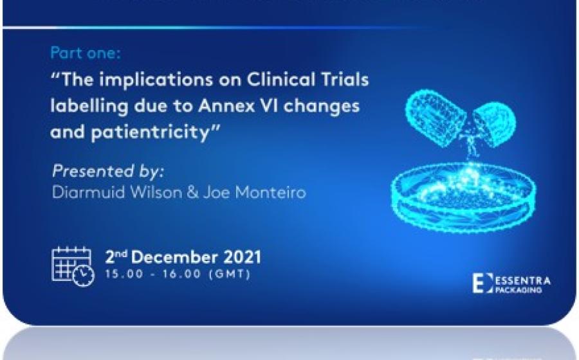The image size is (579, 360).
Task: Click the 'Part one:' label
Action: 86,53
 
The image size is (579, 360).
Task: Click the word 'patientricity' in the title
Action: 151,132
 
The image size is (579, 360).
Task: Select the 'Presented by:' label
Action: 108,171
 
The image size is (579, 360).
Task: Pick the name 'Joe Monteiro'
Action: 255,193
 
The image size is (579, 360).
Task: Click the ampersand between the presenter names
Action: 193,193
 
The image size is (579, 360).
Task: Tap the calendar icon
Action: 73,265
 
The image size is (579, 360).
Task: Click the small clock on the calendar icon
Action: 84,275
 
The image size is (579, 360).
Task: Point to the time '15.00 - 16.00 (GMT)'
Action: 178,274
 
